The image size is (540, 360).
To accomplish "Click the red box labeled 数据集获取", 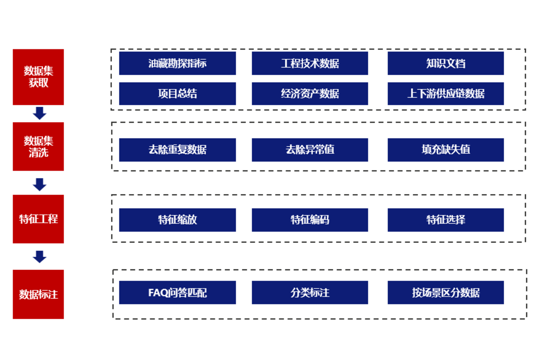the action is pos(38,77).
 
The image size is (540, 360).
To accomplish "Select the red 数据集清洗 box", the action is pos(38,147).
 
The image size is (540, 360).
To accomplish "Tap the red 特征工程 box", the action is pos(38,219).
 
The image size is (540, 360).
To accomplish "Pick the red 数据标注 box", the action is pos(38,294).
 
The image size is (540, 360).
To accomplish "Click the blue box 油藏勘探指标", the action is pos(178,63).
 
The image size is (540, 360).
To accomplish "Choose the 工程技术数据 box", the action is pos(310,63).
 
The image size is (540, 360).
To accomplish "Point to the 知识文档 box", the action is pos(446,63).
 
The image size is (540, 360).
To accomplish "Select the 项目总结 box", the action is pos(178,94).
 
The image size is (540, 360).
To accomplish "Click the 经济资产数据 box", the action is pos(310,94).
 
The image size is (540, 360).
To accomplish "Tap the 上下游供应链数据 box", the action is pos(446,94).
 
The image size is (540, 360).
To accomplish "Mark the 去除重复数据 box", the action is pos(178,150).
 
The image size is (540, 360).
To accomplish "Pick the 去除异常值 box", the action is pos(310,150).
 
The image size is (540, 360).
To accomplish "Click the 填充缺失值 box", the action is pos(446,150).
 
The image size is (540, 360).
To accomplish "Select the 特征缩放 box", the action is pos(178,220).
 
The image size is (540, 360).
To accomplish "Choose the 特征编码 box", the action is pos(310,220).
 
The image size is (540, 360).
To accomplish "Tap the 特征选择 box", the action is pos(446,220).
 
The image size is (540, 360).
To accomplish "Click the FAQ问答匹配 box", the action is pos(178,292).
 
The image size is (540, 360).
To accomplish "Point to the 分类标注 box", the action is pos(310,292).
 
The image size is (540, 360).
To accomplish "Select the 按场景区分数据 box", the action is pos(446,292).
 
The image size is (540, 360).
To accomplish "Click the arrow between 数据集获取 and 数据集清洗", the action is pos(40,113).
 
